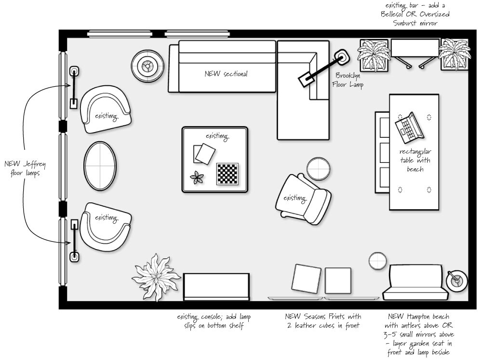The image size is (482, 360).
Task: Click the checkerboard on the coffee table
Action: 228,173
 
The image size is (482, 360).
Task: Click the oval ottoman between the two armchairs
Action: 100,166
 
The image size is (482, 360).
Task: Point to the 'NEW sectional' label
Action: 226,74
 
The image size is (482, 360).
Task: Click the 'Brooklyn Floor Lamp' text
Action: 348,80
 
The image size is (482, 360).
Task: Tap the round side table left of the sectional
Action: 147,66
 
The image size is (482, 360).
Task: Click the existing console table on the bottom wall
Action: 216,287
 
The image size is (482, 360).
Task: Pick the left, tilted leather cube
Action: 306,279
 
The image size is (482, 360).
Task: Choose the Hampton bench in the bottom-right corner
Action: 413,282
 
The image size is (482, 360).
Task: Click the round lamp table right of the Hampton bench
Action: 456,280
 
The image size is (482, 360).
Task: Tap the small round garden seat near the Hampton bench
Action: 378,261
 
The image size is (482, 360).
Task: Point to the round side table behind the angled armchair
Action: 319,169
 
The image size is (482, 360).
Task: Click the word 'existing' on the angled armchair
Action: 295,198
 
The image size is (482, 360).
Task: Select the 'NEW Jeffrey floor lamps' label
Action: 25,169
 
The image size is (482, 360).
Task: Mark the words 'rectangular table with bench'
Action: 415,160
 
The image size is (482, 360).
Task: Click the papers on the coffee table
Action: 204,154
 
